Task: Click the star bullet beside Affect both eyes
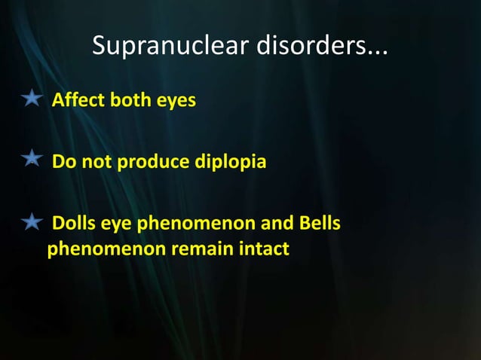pyautogui.click(x=31, y=98)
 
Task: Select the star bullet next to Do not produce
pyautogui.click(x=31, y=160)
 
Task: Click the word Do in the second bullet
pyautogui.click(x=63, y=162)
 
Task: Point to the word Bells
pyautogui.click(x=319, y=224)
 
